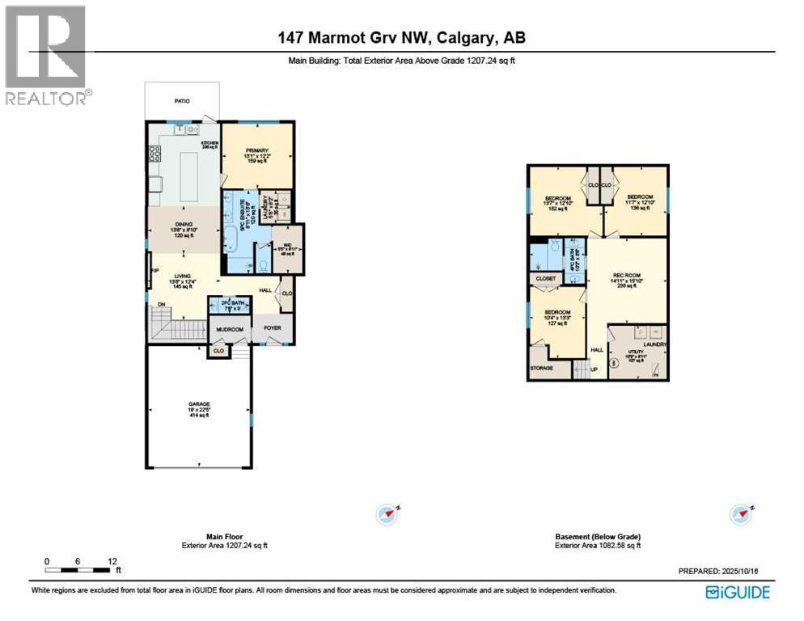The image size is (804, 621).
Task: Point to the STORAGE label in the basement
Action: click(541, 368)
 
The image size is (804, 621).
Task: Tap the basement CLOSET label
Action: click(544, 279)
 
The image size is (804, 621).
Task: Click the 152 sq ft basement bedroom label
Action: click(558, 199)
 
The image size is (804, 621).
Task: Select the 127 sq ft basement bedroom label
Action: click(556, 313)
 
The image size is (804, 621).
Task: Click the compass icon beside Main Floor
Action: click(387, 513)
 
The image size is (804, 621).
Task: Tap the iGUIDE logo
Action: click(737, 591)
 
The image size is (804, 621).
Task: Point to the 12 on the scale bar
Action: click(112, 560)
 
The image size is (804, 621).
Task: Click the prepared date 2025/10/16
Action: click(743, 571)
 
